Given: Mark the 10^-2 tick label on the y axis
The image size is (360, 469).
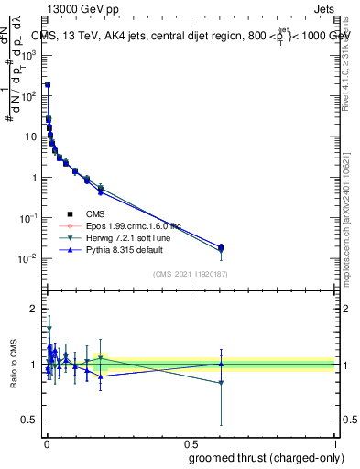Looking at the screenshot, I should (x=29, y=259).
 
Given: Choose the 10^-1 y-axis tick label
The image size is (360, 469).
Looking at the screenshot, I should (x=29, y=218).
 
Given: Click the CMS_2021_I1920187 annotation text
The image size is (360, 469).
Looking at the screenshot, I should (x=190, y=274).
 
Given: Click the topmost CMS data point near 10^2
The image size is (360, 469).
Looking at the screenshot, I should (x=48, y=84).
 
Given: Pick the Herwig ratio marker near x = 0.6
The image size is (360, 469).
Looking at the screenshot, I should (x=221, y=383).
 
